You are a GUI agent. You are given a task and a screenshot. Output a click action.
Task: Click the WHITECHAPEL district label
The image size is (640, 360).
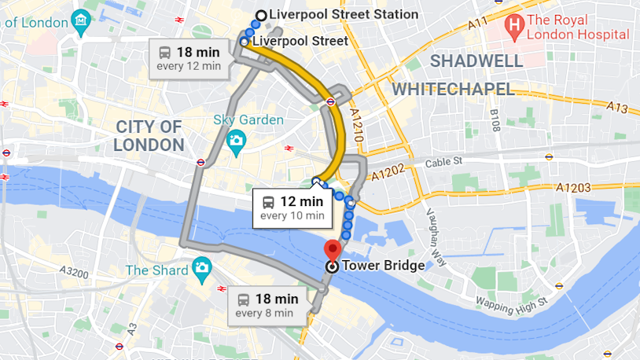pyautogui.click(x=453, y=89)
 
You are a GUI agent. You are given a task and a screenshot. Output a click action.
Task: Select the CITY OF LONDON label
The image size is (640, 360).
pyautogui.click(x=149, y=135)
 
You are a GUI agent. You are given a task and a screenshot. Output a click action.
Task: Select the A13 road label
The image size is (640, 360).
pyautogui.click(x=616, y=108)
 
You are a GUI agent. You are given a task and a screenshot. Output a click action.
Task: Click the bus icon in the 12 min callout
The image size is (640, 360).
pyautogui.click(x=269, y=201)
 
